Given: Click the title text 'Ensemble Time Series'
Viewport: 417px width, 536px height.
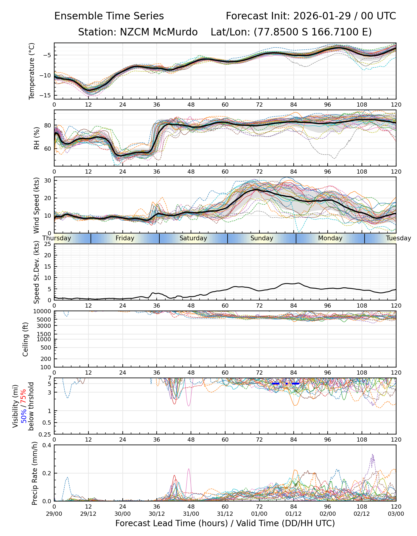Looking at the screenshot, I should [109, 16].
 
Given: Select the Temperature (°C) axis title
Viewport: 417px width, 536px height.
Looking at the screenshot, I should [32, 71].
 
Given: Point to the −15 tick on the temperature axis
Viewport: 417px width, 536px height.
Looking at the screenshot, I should [47, 95].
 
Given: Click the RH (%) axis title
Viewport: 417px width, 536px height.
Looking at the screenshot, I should [37, 138].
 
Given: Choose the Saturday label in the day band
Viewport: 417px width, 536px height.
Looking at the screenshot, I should [193, 238].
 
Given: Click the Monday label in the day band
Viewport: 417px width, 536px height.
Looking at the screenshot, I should [330, 238].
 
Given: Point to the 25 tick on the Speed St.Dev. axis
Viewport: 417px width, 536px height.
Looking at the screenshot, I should [48, 244].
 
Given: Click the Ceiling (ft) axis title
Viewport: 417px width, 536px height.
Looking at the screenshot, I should [26, 339].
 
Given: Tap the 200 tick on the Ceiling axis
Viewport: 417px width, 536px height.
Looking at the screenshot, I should [46, 359].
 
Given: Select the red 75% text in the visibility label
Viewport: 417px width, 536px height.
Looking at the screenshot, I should [23, 396].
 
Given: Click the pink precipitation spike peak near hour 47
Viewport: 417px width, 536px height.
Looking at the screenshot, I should [189, 469].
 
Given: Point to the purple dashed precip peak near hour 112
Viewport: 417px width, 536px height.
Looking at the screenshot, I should [372, 454].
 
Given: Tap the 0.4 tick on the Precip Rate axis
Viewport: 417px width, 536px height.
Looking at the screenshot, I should [47, 445].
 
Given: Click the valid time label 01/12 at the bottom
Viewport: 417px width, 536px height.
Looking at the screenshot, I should [293, 514].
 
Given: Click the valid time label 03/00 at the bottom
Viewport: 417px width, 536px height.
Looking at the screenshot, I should [396, 514].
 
